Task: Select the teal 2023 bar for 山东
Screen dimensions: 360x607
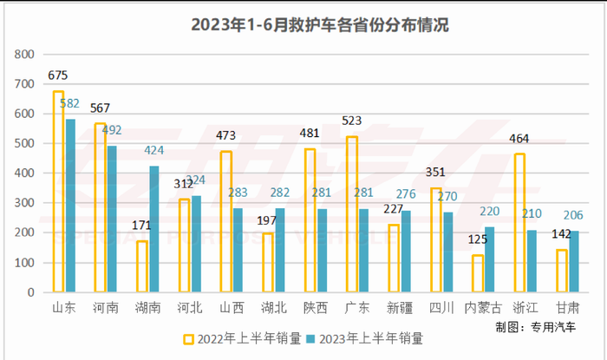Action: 70,206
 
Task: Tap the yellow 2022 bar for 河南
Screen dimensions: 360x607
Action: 101,208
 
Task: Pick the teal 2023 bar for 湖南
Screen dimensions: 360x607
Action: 154,229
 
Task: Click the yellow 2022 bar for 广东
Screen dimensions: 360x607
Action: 351,214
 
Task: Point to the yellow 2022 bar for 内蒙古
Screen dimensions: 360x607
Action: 478,273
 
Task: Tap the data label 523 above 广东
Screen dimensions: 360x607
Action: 352,121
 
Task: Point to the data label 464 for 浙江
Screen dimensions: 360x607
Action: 520,139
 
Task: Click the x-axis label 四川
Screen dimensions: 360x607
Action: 441,306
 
